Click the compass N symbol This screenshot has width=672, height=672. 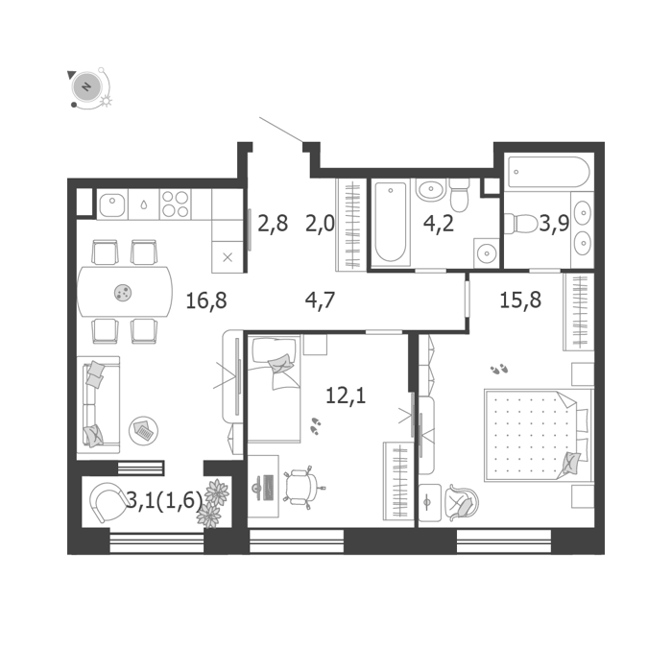click(87, 86)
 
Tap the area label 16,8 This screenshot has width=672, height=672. click(206, 300)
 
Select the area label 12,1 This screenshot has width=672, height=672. click(346, 396)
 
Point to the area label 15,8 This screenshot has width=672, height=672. click(520, 300)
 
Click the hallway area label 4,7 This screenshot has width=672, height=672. click(320, 300)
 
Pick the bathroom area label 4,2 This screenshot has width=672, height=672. click(439, 224)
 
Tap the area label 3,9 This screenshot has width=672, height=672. click(554, 224)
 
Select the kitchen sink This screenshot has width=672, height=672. click(112, 205)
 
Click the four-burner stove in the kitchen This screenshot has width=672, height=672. click(176, 204)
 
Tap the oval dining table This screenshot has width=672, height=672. click(125, 292)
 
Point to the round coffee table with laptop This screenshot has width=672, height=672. click(144, 430)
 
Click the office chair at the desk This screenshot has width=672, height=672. click(302, 488)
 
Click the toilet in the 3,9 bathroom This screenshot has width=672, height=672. click(520, 224)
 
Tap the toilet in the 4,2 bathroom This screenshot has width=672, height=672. click(460, 195)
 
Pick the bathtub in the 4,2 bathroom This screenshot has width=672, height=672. click(391, 222)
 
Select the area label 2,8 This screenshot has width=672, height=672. click(273, 224)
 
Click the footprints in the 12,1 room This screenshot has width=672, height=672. click(316, 426)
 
